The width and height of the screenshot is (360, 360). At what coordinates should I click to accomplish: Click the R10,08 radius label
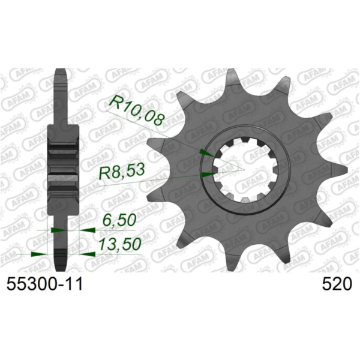point(136,112)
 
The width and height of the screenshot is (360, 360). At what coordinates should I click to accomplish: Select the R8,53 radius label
point(122,172)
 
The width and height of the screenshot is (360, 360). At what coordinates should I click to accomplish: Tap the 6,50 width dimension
point(118,220)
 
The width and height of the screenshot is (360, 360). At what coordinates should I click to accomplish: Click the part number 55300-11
point(44,284)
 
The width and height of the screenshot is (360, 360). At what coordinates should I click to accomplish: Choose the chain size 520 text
point(337,284)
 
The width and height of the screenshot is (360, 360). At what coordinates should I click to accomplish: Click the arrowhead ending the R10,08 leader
point(208,153)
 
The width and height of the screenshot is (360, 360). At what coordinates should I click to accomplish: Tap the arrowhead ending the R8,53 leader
point(209,175)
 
